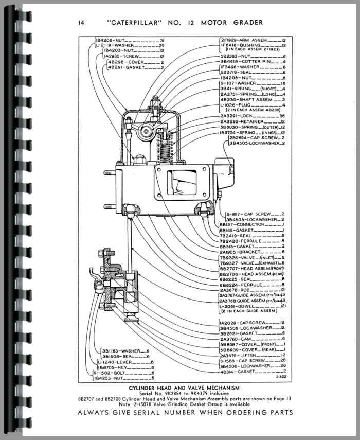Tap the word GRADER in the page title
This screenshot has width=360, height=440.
coord(246,22)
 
